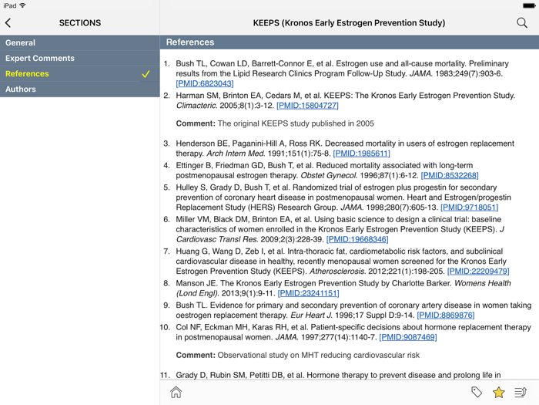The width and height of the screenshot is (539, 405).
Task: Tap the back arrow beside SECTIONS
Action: tap(8, 23)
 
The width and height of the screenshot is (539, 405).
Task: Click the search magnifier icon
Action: tap(522, 23)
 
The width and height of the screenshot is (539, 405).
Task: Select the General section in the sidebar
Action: tap(20, 43)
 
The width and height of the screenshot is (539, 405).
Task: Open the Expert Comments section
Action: tap(40, 59)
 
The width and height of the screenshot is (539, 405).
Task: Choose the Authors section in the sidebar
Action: tap(21, 89)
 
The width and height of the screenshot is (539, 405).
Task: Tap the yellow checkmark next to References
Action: tap(146, 74)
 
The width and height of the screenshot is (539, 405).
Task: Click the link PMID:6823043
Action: tap(205, 83)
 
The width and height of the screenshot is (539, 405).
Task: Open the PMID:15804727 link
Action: tap(307, 105)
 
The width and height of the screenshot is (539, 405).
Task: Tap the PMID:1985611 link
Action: tap(361, 154)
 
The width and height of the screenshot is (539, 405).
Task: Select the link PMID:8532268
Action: tap(450, 175)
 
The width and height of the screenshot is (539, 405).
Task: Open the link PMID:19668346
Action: tap(357, 239)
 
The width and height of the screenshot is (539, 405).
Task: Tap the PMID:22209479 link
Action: tap(478, 271)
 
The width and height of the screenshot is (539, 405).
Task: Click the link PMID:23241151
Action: tap(308, 293)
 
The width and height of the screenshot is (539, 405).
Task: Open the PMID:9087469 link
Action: tap(407, 337)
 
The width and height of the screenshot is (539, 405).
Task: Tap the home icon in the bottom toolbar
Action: tap(176, 393)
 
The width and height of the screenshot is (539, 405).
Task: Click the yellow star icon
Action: tap(498, 393)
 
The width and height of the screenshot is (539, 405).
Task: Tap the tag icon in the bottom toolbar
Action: tap(477, 393)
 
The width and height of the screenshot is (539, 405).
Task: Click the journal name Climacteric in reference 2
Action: tap(196, 105)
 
